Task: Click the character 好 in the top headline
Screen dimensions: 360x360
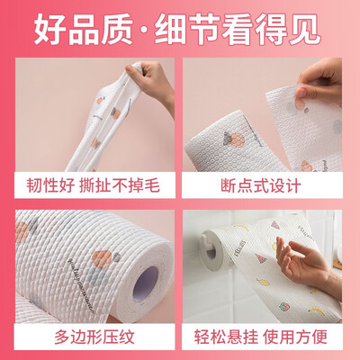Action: tap(49, 29)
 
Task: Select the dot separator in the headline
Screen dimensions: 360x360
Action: tap(144, 31)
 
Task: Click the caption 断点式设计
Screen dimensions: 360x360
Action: tap(260, 186)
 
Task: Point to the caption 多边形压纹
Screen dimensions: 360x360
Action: tap(94, 337)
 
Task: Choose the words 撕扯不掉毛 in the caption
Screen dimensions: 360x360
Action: tap(120, 185)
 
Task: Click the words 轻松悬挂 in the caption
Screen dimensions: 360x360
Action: tap(226, 337)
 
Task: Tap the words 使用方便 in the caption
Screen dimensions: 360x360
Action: tap(295, 337)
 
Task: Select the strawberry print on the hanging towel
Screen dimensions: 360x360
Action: tap(283, 307)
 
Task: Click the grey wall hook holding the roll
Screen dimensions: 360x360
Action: tap(211, 249)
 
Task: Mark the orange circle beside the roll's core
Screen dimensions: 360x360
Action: tap(102, 259)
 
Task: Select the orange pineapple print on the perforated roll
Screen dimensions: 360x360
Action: tap(236, 139)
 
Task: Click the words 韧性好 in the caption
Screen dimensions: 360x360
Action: tap(50, 185)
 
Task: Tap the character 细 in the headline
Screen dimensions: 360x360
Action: tap(170, 29)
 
